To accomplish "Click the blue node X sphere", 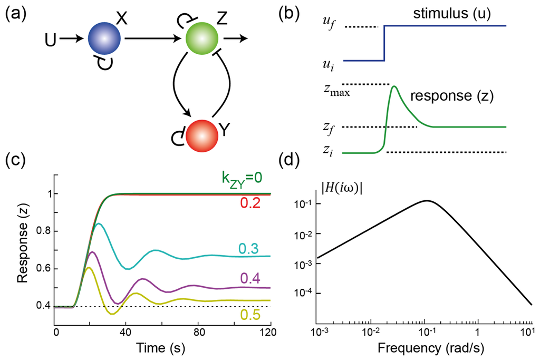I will pyautogui.click(x=104, y=38).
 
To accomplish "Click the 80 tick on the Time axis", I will pyautogui.click(x=197, y=333).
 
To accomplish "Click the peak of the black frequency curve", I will pyautogui.click(x=427, y=200).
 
